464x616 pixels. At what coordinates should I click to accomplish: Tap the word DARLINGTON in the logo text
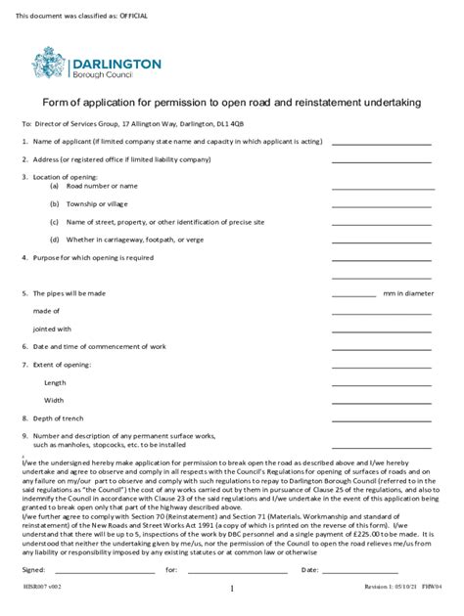coord(116,62)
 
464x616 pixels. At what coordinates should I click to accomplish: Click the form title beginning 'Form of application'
coord(232,103)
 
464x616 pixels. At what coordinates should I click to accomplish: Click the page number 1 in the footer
coord(232,590)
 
